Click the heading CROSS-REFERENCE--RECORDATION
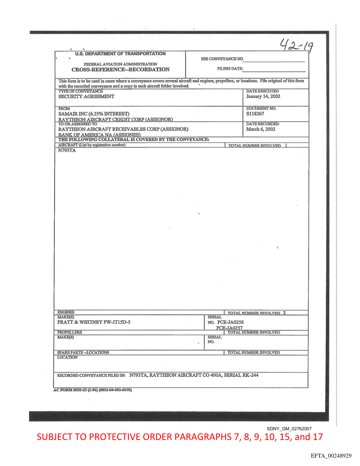[x=120, y=69]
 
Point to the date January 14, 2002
[x=263, y=96]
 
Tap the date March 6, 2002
[x=261, y=129]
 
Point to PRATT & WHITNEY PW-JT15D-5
[x=94, y=322]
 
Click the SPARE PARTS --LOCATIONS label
[x=83, y=352]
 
